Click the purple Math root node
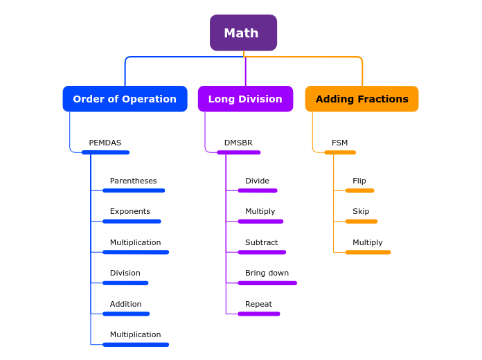[x=243, y=33]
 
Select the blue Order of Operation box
[x=125, y=99]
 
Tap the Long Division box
[x=245, y=99]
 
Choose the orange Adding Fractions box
[x=361, y=99]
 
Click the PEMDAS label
[x=105, y=143]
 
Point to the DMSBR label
[x=238, y=143]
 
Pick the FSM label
[x=339, y=143]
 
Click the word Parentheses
[x=133, y=181]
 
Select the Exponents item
[x=130, y=211]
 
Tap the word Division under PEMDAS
[x=125, y=273]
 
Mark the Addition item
[x=125, y=304]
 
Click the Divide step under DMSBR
[x=257, y=181]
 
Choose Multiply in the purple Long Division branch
[x=260, y=211]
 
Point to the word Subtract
[x=261, y=242]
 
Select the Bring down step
[x=267, y=273]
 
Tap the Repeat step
[x=258, y=304]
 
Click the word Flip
[x=359, y=181]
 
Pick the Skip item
[x=361, y=211]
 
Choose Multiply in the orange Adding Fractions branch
[x=367, y=242]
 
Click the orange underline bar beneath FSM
[x=340, y=152]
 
